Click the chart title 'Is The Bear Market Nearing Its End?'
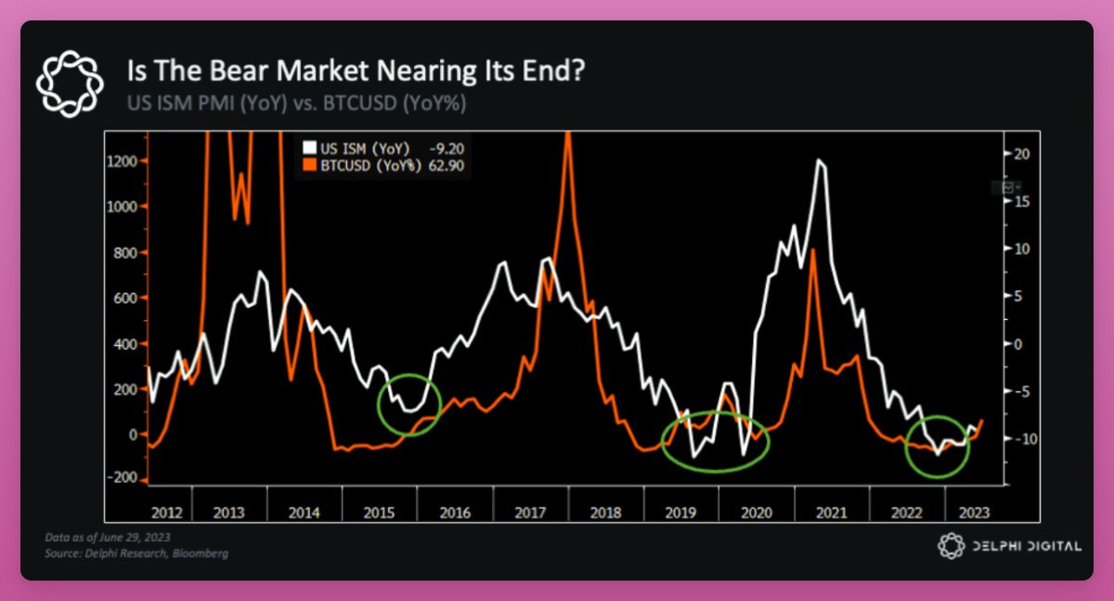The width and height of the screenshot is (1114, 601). [356, 71]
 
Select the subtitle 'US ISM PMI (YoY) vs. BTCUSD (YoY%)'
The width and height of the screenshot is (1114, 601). [296, 102]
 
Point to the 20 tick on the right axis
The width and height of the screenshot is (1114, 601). [1022, 153]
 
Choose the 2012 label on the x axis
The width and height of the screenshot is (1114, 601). [167, 512]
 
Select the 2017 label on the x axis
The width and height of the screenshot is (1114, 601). [529, 512]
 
